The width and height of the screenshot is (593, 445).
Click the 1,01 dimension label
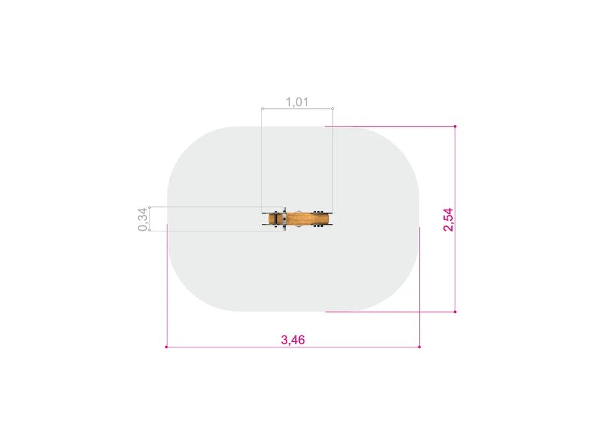[x=297, y=102]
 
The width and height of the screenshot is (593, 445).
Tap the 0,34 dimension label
[x=142, y=219]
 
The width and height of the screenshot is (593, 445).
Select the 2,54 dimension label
[x=448, y=219]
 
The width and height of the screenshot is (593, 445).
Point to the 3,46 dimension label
[x=293, y=340]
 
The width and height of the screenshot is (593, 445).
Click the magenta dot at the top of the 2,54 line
[x=455, y=127]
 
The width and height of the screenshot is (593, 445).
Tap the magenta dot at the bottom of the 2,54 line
[x=455, y=312]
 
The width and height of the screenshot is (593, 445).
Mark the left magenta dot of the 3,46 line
[x=167, y=347]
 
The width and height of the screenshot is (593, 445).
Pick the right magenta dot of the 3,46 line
[x=420, y=347]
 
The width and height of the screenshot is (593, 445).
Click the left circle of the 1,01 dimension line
[x=262, y=109]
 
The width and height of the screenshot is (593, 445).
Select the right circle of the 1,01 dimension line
[x=333, y=109]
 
